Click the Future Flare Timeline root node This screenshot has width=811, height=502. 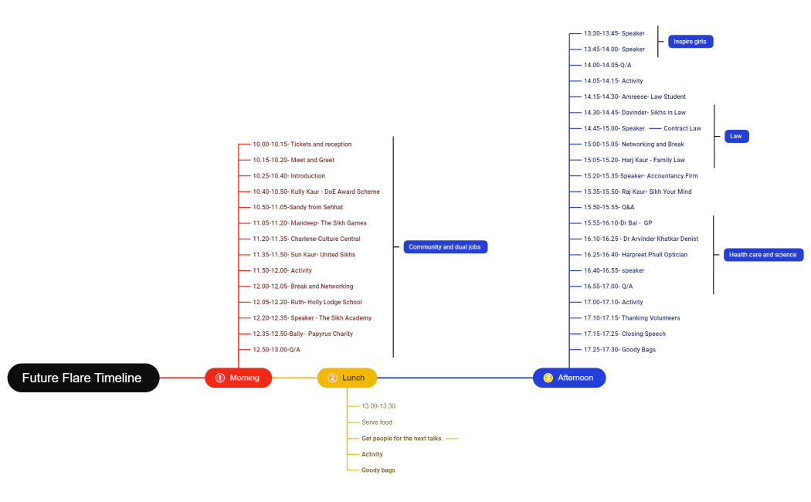click(83, 378)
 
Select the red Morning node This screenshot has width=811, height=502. click(238, 378)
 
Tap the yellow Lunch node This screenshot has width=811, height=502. click(347, 378)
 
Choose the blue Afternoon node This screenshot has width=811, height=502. click(569, 378)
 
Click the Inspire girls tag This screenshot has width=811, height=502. click(690, 42)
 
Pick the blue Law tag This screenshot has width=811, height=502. click(736, 137)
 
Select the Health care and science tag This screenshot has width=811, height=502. click(763, 255)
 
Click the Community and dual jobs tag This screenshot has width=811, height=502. click(446, 247)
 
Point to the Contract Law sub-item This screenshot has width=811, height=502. click(682, 128)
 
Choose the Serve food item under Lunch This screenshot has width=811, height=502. click(377, 422)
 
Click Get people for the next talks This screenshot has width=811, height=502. click(402, 439)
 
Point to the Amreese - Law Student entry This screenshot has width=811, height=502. click(635, 97)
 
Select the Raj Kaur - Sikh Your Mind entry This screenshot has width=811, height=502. click(638, 192)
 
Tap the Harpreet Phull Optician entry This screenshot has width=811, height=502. click(636, 255)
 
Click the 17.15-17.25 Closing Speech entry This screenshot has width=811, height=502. click(625, 334)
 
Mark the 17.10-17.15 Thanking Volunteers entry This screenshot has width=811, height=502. click(632, 318)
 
